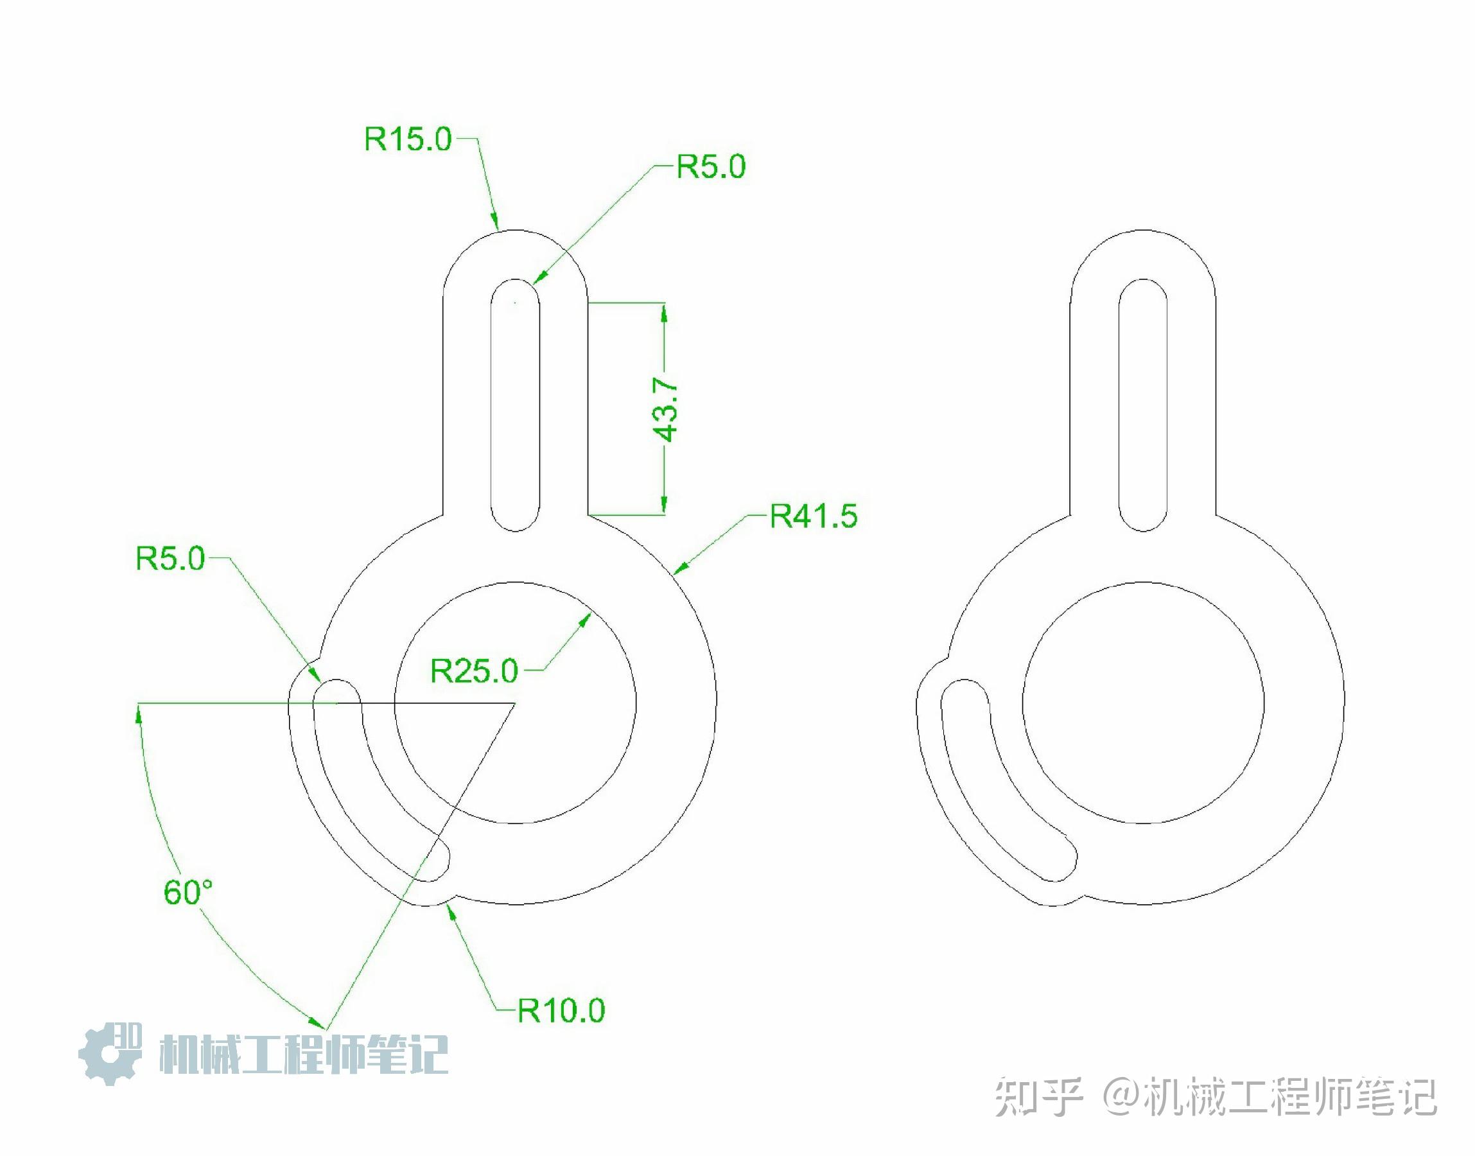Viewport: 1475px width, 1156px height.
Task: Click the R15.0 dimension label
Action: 407,139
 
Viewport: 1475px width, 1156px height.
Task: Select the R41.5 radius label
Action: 814,516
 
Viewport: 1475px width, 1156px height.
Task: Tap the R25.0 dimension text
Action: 474,670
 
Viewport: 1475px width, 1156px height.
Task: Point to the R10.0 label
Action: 560,1010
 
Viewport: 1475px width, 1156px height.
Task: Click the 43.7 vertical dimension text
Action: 667,410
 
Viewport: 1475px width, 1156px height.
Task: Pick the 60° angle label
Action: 188,892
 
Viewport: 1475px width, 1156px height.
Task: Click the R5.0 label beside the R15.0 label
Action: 710,166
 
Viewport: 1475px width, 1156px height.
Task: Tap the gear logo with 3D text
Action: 110,1053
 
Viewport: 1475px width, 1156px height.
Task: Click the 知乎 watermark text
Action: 1038,1098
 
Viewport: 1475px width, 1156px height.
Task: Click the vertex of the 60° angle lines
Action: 515,704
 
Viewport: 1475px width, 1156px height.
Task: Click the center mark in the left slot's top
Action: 515,302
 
